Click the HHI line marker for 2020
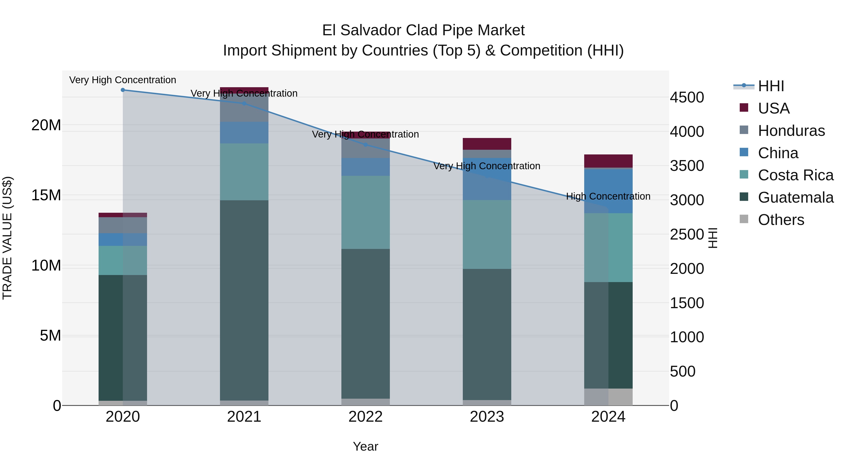pyautogui.click(x=123, y=90)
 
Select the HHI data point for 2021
pyautogui.click(x=244, y=103)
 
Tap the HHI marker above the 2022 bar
pyautogui.click(x=365, y=145)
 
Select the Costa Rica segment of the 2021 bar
pyautogui.click(x=244, y=172)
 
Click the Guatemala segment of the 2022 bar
pyautogui.click(x=365, y=324)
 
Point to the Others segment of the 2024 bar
pyautogui.click(x=608, y=397)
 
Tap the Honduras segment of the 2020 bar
pyautogui.click(x=123, y=225)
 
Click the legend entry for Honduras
pyautogui.click(x=791, y=131)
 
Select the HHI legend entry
pyautogui.click(x=771, y=86)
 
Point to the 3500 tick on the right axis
pyautogui.click(x=687, y=166)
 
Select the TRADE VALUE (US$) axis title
pyautogui.click(x=7, y=238)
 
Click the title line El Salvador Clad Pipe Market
pyautogui.click(x=423, y=30)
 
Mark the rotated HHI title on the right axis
pyautogui.click(x=712, y=238)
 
